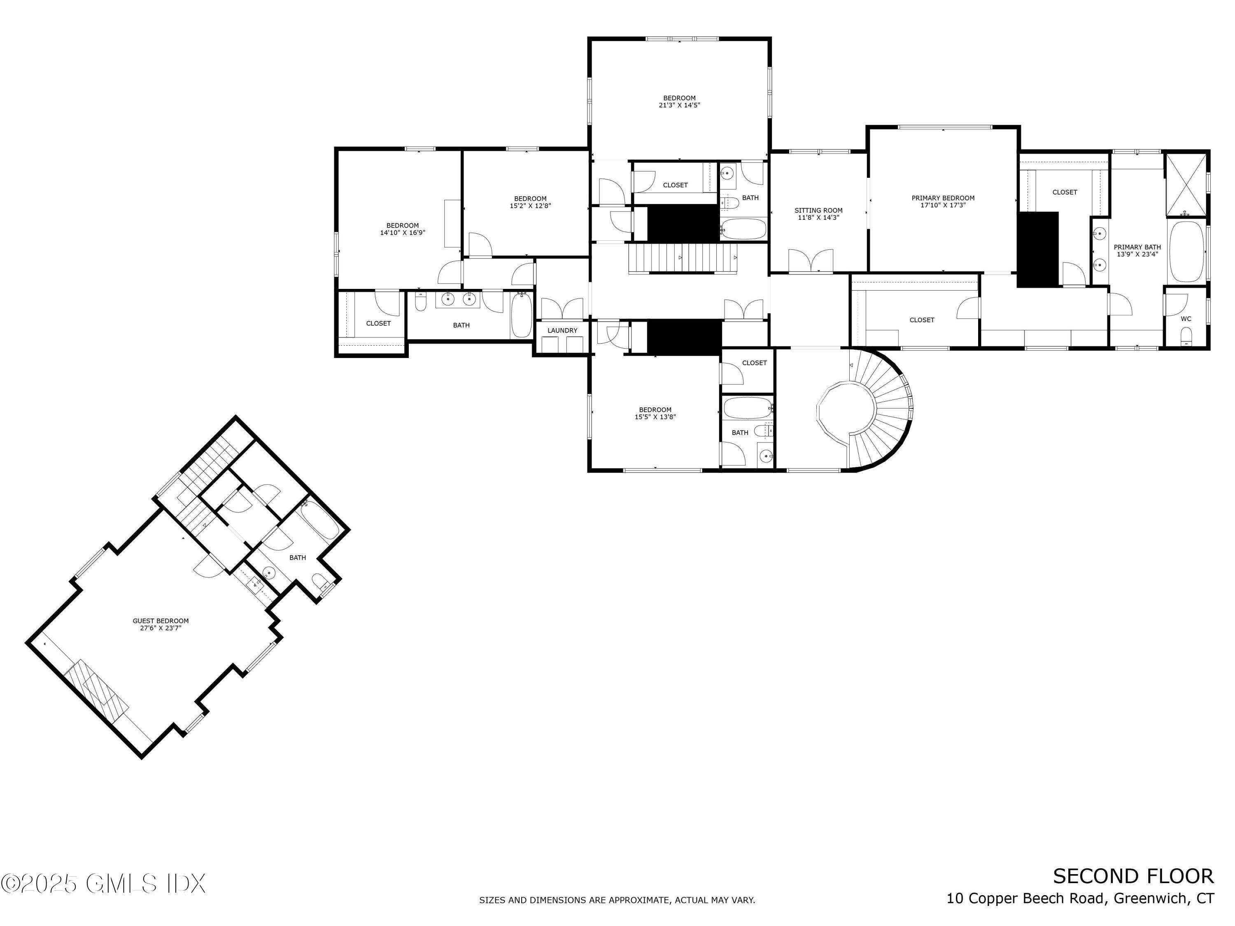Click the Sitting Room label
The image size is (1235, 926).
click(x=818, y=210)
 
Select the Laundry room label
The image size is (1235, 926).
click(x=562, y=330)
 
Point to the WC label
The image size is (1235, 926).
click(x=1186, y=319)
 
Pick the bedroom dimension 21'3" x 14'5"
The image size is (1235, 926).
click(x=680, y=105)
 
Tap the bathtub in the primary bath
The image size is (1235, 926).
click(x=1186, y=252)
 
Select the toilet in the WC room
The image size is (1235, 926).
click(x=1186, y=335)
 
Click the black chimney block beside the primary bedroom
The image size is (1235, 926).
click(x=1037, y=249)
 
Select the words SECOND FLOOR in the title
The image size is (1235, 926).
click(x=1133, y=876)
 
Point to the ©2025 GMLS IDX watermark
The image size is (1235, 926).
click(x=103, y=884)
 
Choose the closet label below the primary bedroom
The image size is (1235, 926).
click(x=922, y=320)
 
